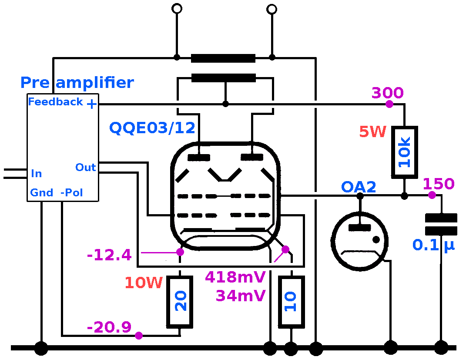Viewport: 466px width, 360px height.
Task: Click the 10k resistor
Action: [405, 152]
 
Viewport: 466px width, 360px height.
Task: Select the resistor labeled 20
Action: [180, 302]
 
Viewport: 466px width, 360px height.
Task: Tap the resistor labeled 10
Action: [291, 302]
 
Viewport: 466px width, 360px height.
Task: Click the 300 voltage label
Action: [387, 93]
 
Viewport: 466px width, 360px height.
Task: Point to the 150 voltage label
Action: [438, 184]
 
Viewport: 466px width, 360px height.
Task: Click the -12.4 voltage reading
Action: [109, 255]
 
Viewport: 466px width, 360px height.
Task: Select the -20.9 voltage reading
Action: [109, 327]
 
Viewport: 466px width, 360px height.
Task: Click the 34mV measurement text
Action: [241, 296]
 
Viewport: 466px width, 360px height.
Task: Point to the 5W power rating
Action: [373, 131]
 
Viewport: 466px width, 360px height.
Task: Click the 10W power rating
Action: [144, 283]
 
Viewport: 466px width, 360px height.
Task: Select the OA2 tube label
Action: [358, 187]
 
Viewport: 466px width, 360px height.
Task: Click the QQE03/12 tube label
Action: [152, 128]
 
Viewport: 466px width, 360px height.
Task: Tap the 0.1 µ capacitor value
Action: [433, 245]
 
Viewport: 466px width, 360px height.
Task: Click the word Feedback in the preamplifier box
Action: [55, 102]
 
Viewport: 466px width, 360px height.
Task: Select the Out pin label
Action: [85, 168]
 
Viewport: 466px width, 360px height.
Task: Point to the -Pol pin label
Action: [72, 192]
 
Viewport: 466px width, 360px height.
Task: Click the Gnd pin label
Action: [42, 192]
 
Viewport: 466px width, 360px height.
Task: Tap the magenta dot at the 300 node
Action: [389, 104]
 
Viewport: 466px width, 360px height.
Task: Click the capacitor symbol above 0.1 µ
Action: [441, 224]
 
